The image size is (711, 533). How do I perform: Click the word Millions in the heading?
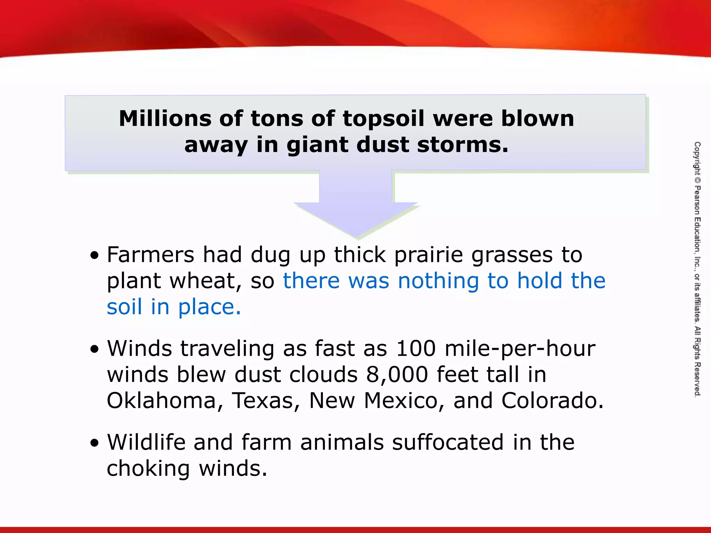coord(165,119)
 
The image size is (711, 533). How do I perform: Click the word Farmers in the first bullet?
coord(150,255)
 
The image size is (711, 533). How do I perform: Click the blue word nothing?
coord(438,281)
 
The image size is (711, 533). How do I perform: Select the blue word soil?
coord(124,307)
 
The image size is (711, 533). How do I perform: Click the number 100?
coord(416,348)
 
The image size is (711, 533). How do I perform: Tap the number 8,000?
coord(397,375)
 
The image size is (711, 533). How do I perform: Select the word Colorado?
coord(552,401)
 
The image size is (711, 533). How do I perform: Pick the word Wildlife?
coord(146,442)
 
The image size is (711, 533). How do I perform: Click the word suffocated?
coord(447,442)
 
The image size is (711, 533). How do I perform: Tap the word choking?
coord(148,469)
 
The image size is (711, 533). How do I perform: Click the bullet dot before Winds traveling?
coord(94,349)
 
